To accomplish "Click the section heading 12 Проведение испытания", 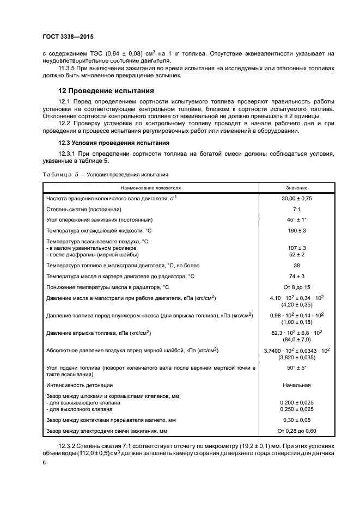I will tap(106, 90).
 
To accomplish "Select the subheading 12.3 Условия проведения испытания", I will tap(107, 143).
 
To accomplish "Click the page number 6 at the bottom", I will tap(44, 462).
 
